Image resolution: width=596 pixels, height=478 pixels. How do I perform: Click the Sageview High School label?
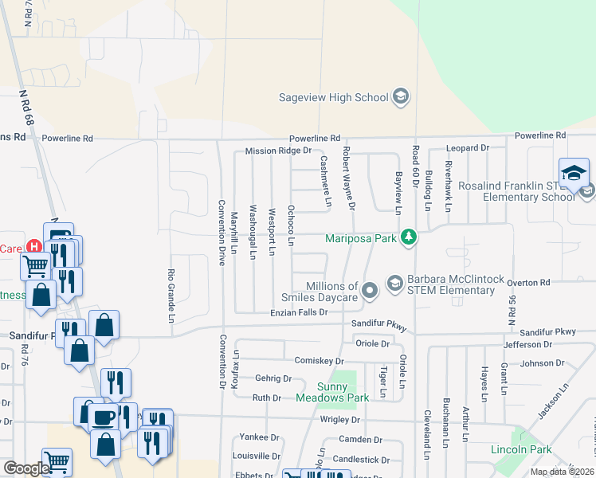tap(333, 98)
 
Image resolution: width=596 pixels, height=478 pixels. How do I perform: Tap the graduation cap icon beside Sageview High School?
tap(401, 98)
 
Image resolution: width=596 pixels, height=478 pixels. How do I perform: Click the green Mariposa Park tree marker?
tap(408, 237)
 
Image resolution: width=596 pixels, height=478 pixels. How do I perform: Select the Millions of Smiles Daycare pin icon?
tap(369, 292)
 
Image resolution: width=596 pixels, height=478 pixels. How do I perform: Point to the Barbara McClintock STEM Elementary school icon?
tap(394, 283)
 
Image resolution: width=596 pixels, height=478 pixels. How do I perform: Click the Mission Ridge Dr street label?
tap(277, 151)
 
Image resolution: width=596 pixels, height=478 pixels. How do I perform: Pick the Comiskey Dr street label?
tap(318, 361)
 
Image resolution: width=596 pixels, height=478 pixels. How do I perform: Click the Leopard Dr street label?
tap(468, 148)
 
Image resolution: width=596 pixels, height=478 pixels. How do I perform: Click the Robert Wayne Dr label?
tap(347, 177)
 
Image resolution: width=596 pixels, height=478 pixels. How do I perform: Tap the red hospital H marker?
tap(33, 248)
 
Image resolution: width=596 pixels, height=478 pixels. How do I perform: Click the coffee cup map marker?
tap(103, 417)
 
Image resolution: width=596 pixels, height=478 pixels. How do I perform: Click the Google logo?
tap(27, 468)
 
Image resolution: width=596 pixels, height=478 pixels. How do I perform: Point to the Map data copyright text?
tap(562, 472)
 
